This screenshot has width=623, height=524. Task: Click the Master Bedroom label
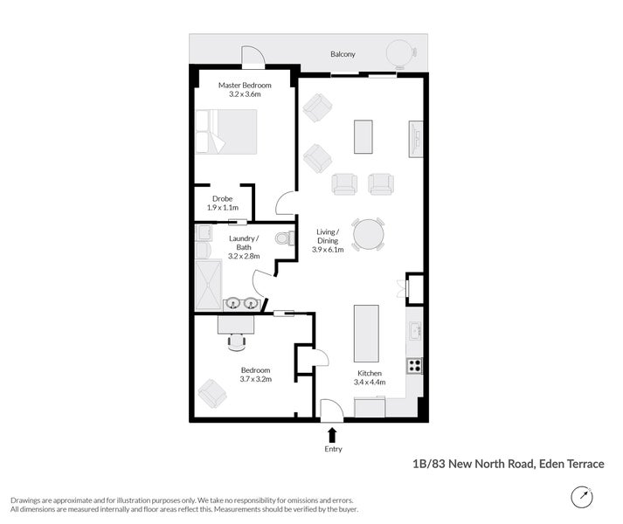tap(245, 89)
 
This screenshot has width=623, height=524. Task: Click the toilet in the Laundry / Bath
tap(282, 238)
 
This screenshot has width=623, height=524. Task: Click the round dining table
tap(368, 234)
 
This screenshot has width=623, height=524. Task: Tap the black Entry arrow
tap(332, 434)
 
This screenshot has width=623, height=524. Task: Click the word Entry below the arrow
tap(332, 449)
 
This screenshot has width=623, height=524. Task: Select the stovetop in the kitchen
tap(415, 365)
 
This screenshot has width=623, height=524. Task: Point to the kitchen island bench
tap(365, 333)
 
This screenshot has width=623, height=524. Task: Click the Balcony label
tap(343, 54)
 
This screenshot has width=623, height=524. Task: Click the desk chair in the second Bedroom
tap(236, 341)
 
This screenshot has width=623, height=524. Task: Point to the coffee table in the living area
tap(363, 136)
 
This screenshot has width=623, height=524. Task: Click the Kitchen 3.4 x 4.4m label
tap(368, 377)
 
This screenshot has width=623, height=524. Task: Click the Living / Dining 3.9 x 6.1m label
tap(329, 240)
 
